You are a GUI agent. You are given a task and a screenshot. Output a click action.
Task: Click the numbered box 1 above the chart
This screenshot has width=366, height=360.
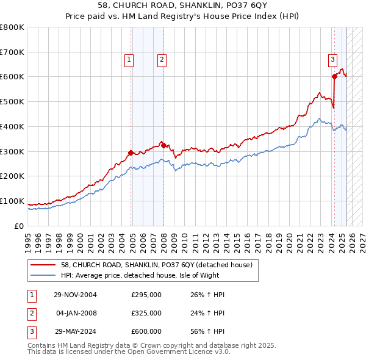point(130,59)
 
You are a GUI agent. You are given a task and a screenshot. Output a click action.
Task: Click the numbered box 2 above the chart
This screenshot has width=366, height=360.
point(162,59)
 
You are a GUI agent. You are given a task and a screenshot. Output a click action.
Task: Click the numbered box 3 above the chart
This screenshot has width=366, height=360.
point(332,59)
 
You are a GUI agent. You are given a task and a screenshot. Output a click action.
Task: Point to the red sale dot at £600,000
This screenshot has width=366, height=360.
point(334,76)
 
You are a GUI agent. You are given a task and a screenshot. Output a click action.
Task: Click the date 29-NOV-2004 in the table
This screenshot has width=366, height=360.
point(76,295)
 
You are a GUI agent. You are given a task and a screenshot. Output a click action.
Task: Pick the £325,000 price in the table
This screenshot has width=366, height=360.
point(146,313)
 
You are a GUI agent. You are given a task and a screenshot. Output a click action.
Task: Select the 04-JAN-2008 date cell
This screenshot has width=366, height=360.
point(76,313)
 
